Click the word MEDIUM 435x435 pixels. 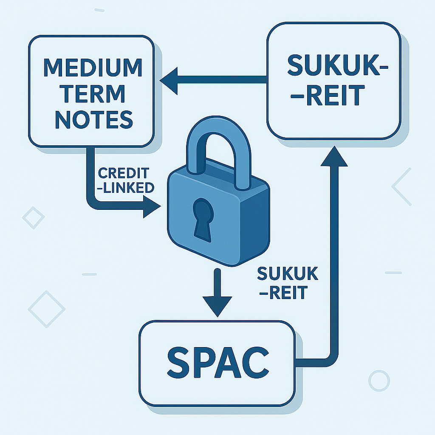click(93, 68)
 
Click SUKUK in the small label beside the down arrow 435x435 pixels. click(288, 274)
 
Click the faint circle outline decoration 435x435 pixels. click(379, 381)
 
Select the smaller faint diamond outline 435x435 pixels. click(33, 218)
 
